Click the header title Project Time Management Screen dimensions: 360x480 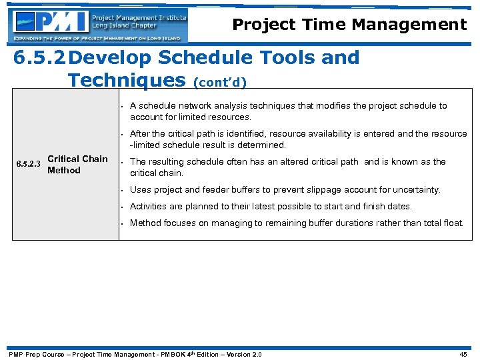(349, 25)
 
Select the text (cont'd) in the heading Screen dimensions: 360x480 (219, 83)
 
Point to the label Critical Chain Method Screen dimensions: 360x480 (77, 165)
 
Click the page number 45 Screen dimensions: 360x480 (464, 354)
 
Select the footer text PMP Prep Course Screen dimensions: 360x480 (33, 354)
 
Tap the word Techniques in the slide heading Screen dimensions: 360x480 (126, 81)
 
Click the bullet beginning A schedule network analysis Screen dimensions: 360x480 (288, 111)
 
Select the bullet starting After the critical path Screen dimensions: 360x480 (298, 139)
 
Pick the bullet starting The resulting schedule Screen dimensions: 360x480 (287, 167)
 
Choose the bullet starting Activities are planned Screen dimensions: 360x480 (271, 207)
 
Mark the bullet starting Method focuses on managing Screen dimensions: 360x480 (296, 223)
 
